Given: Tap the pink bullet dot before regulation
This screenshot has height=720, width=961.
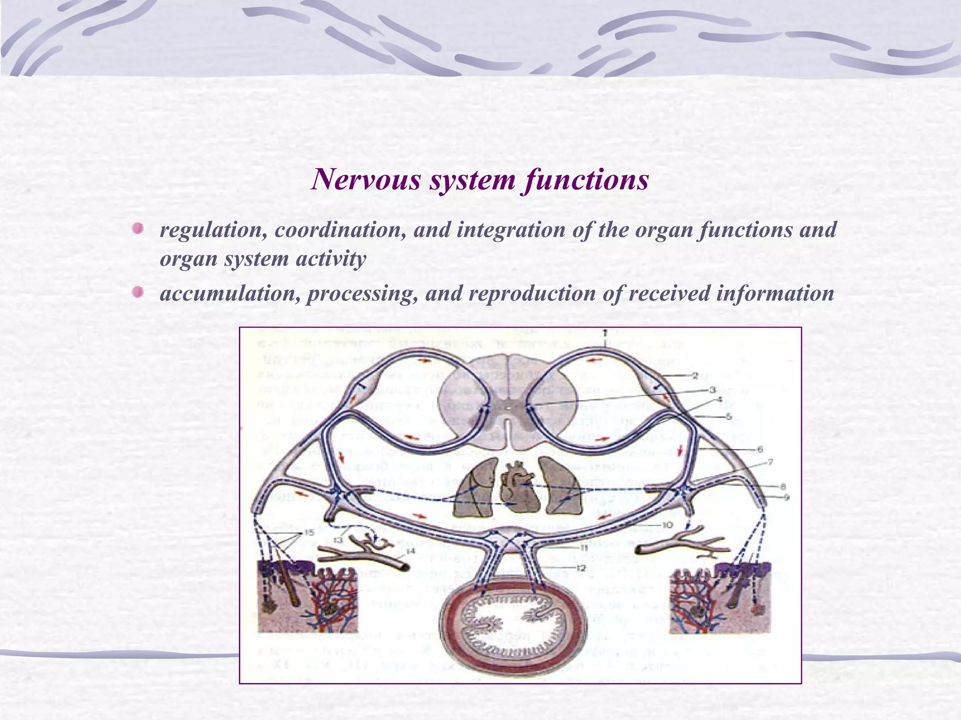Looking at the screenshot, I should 137,229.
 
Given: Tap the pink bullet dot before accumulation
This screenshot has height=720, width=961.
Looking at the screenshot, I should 137,292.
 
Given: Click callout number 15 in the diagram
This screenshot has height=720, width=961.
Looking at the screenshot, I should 308,532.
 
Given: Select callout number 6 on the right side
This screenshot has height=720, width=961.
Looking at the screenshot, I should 760,450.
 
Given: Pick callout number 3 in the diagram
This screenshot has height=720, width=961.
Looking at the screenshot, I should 712,390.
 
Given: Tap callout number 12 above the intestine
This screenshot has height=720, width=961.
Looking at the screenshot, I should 581,568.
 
